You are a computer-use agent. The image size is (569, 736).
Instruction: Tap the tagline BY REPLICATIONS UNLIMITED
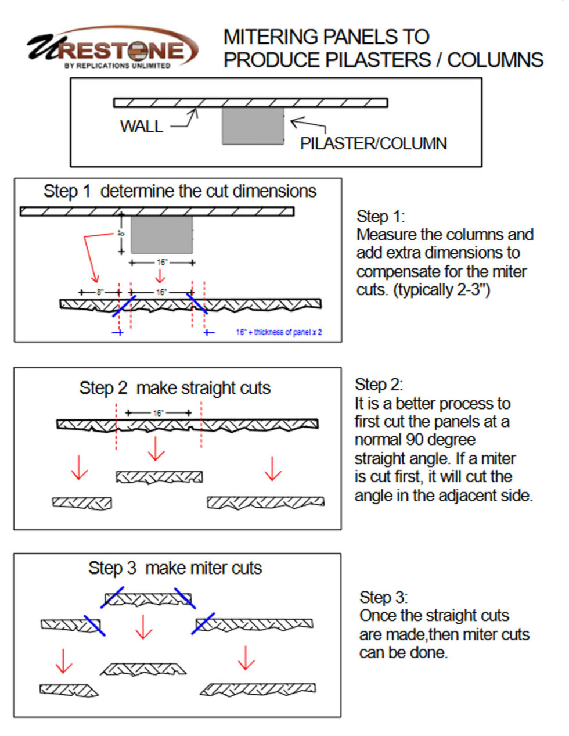point(117,66)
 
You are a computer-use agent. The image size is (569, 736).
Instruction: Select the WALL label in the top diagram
point(141,126)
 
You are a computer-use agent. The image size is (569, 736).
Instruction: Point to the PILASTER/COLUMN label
point(373,143)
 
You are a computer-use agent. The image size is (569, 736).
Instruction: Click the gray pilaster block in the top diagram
point(253,125)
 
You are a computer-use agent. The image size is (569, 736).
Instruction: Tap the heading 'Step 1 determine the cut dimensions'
point(179,191)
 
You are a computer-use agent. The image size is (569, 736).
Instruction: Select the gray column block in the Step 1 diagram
point(161,235)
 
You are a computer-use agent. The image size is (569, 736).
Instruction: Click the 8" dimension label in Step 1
point(100,292)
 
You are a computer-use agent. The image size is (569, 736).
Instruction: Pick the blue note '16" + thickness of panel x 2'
point(279,332)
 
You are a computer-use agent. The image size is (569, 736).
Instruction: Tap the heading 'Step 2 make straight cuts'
point(175,388)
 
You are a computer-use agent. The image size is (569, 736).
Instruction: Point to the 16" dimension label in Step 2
point(158,413)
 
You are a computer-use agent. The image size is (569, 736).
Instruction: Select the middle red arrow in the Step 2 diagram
point(156,448)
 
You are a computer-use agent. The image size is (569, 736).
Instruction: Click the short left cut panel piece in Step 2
point(82,502)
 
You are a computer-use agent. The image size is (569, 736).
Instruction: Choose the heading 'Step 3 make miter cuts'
point(175,568)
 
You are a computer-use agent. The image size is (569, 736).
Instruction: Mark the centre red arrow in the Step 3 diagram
point(143,627)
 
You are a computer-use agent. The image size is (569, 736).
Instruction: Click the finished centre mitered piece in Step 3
point(143,669)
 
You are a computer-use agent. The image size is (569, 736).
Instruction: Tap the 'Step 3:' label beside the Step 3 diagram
point(383,597)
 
